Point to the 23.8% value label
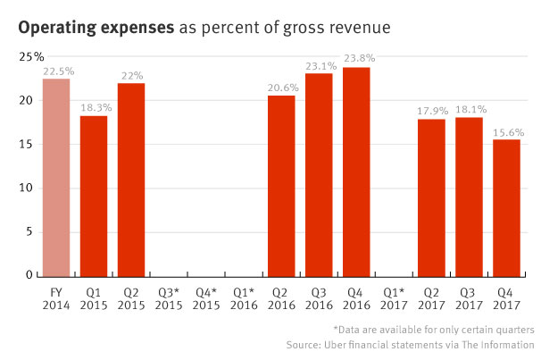pos(356,59)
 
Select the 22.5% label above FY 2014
pos(56,71)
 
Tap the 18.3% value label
pos(94,107)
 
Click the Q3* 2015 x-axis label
pos(169,297)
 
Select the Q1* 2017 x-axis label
pos(394,297)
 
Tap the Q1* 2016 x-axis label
pos(244,297)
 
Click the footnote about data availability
pos(433,328)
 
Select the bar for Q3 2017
pos(469,197)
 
